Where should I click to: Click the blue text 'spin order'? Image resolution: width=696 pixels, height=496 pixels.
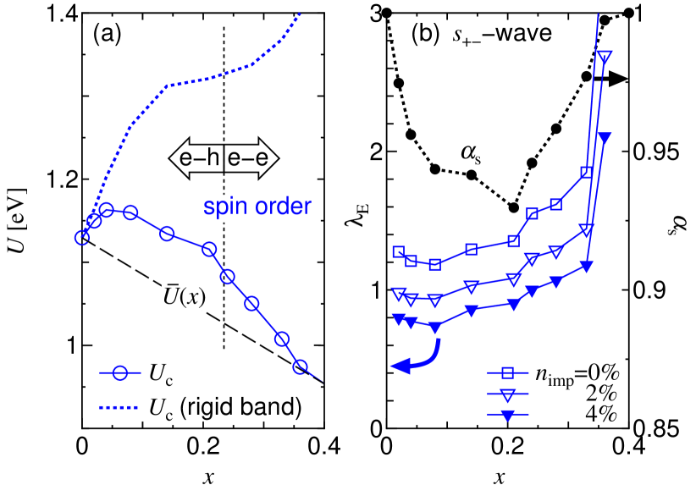coord(257,207)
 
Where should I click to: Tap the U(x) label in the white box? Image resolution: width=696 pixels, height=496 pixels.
coord(185,297)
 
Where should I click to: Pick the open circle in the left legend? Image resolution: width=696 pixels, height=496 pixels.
coord(120,372)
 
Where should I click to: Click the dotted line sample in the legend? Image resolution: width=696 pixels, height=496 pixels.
coord(119,408)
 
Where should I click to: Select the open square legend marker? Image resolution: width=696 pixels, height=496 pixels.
coord(508,372)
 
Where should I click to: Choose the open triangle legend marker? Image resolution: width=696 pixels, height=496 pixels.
coord(508,394)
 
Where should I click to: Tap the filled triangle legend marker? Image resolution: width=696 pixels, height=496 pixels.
coord(508,415)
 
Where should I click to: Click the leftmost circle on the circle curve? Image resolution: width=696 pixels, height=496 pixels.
coord(82,237)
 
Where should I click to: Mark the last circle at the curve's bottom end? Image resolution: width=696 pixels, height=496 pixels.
coord(300,366)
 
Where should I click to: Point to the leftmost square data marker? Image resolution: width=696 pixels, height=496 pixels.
coord(399,251)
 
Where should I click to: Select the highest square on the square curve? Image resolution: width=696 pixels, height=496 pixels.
coord(586,172)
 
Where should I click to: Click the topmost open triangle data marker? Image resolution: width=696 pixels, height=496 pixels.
coord(605,58)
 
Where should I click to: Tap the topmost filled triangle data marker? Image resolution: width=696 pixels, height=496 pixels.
coord(605,137)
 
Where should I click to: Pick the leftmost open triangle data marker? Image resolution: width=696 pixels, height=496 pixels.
coord(399,294)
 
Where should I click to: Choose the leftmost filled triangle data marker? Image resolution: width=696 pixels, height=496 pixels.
coord(399,319)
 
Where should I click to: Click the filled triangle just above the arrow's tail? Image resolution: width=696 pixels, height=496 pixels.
coord(435,328)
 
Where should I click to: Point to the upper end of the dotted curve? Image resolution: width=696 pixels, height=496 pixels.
coord(300,14)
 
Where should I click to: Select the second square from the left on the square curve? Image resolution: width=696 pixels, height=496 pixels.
coord(411,261)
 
